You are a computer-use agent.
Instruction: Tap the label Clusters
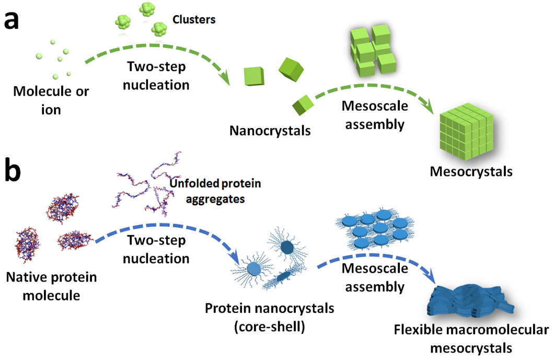pyautogui.click(x=194, y=20)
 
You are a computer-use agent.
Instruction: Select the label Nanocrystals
pyautogui.click(x=270, y=131)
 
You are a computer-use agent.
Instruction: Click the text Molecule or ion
pyautogui.click(x=51, y=100)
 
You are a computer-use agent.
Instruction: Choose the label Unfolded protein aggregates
pyautogui.click(x=215, y=192)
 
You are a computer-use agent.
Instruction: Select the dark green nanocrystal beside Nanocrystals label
pyautogui.click(x=303, y=104)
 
